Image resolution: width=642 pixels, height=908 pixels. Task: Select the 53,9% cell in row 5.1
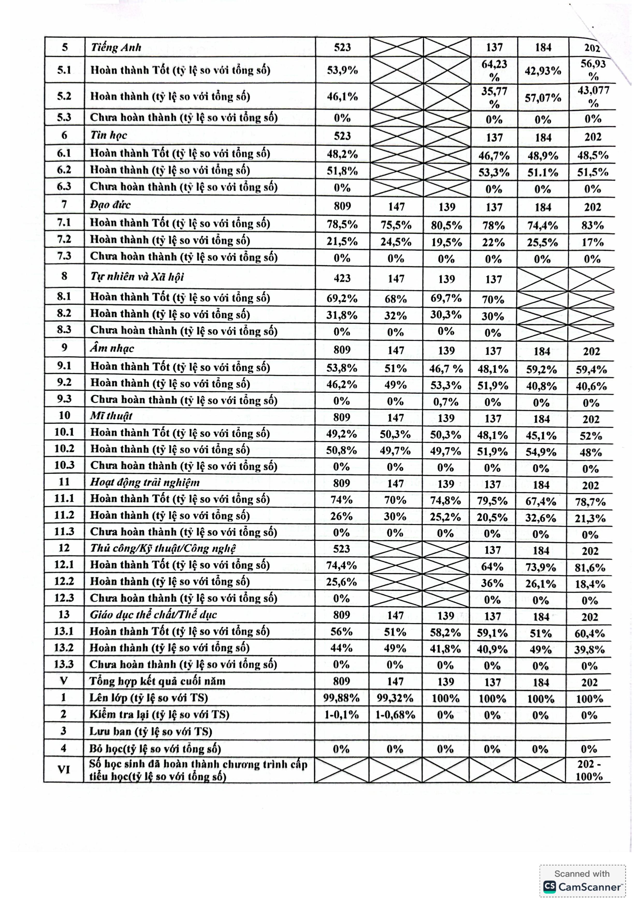342,70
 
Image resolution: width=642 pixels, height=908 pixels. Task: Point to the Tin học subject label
108,135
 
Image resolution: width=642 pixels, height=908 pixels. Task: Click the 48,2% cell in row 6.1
342,154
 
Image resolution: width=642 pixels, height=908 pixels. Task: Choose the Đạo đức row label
110,205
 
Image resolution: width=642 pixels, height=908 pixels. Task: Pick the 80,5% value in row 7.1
446,225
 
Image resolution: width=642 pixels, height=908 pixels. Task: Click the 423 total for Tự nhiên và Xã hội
342,278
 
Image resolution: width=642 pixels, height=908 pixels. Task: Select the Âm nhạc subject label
112,348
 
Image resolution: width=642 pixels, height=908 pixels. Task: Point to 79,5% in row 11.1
492,501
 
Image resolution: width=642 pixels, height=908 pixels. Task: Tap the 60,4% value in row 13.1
589,633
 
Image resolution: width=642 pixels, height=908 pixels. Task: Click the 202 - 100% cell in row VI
589,770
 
